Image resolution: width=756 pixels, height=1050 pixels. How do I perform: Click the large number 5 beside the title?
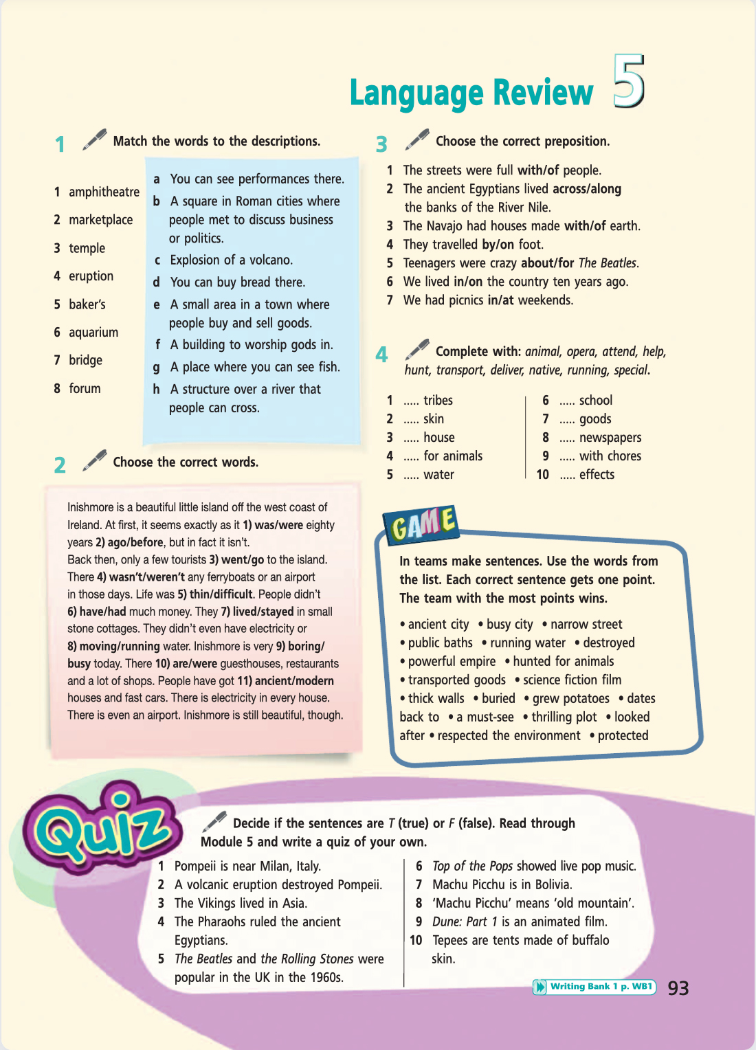coord(628,82)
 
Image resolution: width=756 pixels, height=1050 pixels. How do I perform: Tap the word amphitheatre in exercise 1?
coord(104,192)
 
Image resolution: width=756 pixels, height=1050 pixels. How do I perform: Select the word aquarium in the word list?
coord(93,333)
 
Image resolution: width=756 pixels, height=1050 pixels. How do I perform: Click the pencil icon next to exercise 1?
coord(95,139)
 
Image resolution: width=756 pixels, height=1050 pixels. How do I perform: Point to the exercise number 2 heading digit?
coord(60,465)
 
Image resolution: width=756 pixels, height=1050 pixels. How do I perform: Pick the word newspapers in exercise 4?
coord(610,438)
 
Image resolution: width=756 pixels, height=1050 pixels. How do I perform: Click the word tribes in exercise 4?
coord(438,401)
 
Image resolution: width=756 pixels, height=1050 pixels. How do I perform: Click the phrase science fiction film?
coord(572,680)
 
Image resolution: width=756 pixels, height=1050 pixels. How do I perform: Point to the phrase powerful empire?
coord(452,662)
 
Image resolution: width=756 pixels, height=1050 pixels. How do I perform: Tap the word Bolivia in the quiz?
coord(549,885)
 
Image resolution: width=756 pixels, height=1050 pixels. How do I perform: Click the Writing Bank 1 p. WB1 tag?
coord(594,987)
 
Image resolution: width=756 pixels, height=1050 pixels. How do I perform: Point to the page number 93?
coord(678,988)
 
